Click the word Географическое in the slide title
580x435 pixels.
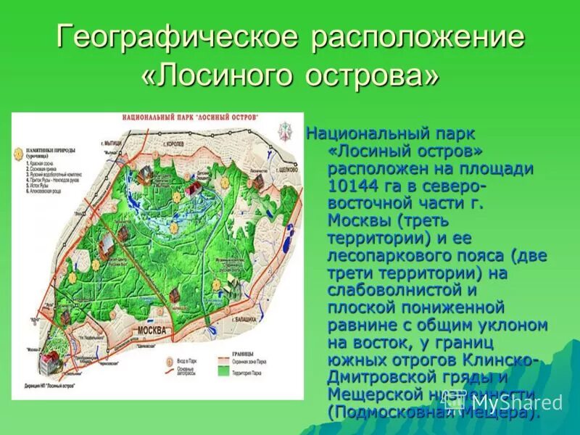coord(178,38)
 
